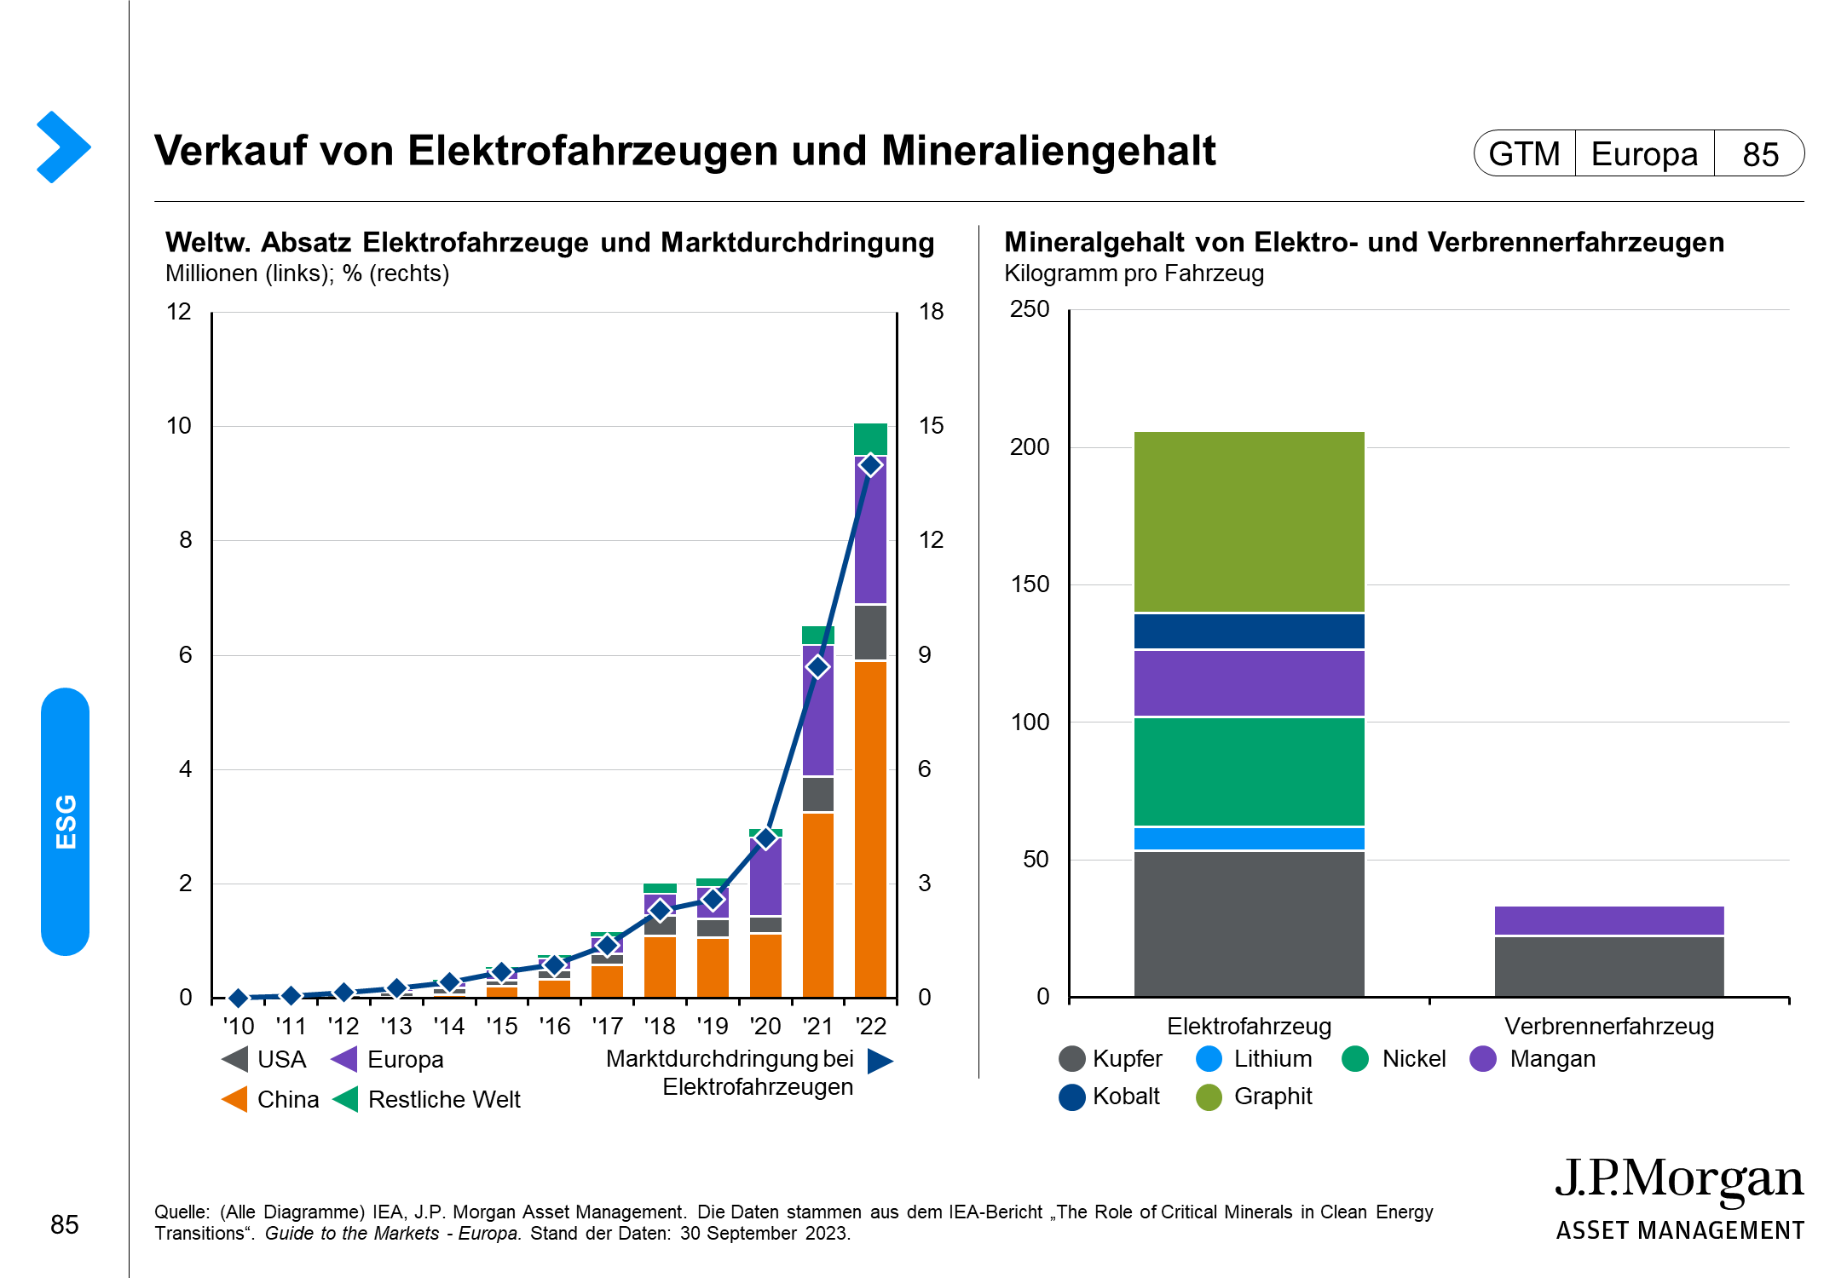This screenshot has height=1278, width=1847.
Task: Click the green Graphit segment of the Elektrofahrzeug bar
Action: click(1249, 521)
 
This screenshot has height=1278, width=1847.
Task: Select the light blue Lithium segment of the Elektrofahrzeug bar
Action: click(1249, 838)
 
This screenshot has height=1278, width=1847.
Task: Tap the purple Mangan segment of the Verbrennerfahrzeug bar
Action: click(1608, 920)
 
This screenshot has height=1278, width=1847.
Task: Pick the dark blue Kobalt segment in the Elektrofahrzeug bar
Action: click(1249, 631)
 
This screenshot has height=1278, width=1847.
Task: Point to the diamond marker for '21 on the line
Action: click(818, 667)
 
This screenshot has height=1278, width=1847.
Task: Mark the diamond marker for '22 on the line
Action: click(870, 465)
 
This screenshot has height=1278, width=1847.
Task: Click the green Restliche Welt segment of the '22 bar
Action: click(870, 439)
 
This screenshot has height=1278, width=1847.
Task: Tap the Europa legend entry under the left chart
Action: click(388, 1060)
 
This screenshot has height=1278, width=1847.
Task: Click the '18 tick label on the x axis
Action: click(660, 1027)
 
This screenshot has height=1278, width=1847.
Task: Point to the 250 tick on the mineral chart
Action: click(1030, 309)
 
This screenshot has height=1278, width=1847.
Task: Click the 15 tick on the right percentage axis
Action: click(931, 426)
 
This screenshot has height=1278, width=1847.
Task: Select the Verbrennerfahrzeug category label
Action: click(1608, 1027)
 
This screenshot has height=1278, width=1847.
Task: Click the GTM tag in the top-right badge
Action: click(1524, 154)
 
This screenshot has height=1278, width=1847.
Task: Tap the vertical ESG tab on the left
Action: click(66, 821)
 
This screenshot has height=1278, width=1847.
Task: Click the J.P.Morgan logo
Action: click(1679, 1197)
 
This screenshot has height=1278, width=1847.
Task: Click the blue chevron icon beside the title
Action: click(63, 147)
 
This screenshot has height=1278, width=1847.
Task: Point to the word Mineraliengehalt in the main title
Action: click(1048, 151)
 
